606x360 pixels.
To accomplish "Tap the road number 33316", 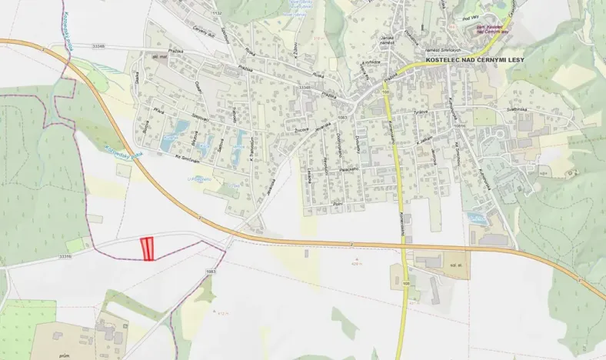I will (65, 257).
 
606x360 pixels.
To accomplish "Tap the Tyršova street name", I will (421, 112).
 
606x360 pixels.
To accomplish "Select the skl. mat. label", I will (160, 56).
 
